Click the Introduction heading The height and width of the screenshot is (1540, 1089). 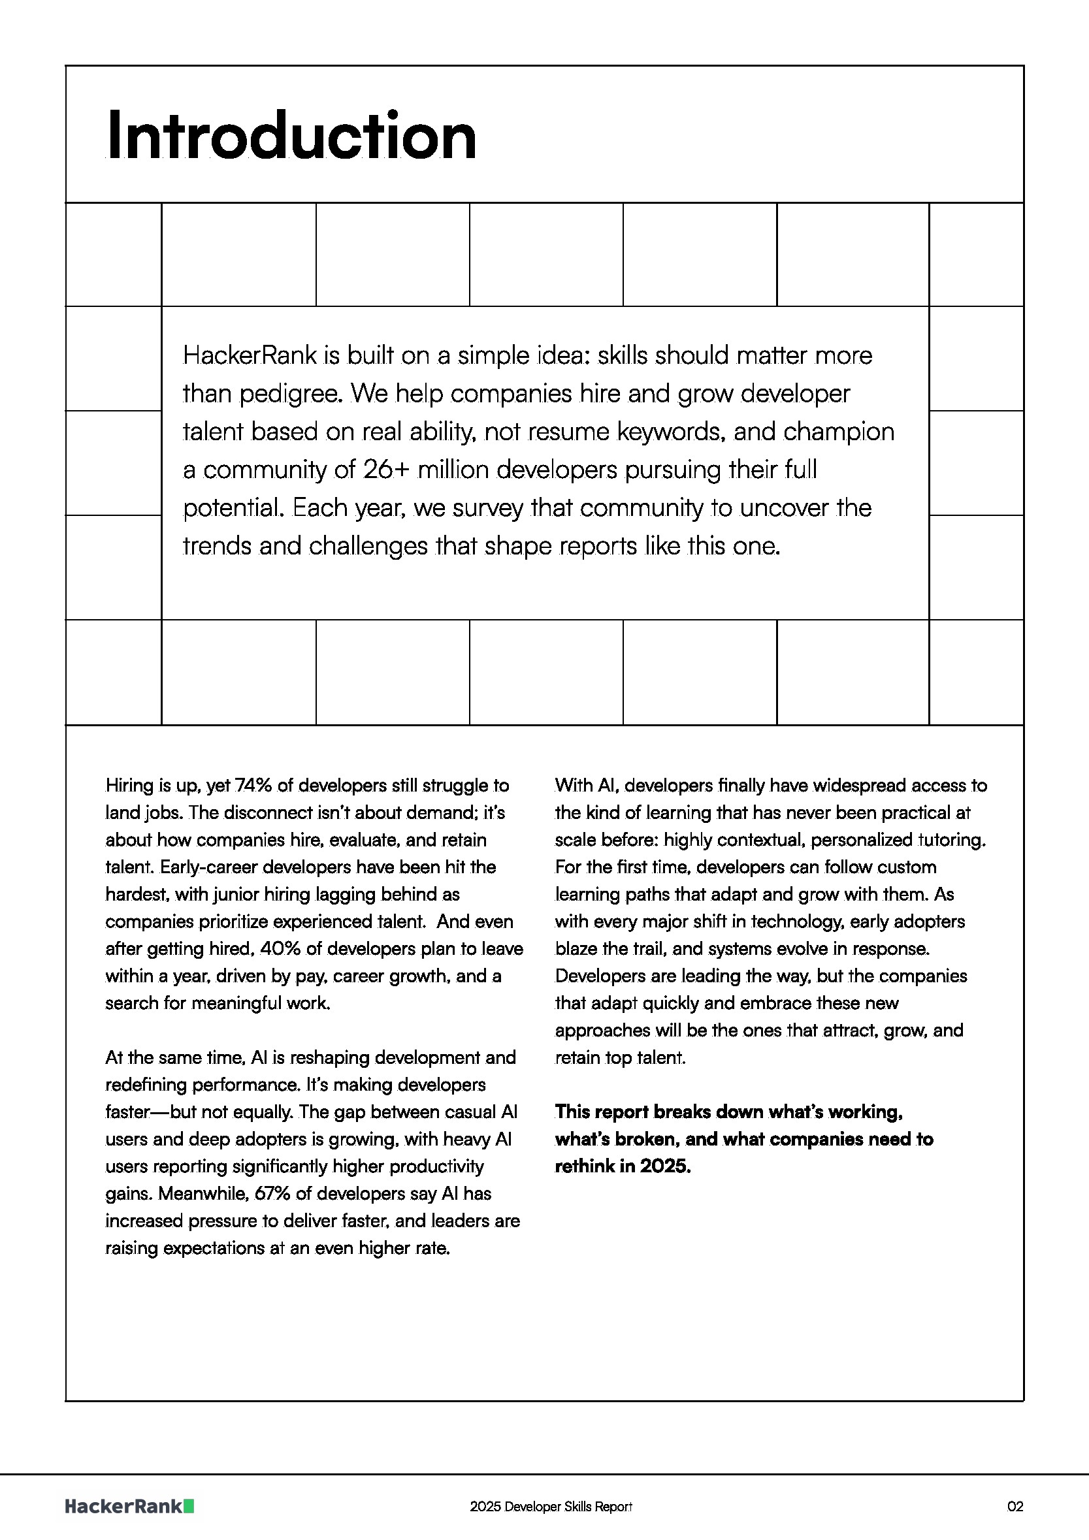click(x=291, y=136)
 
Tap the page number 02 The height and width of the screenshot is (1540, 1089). click(x=1015, y=1507)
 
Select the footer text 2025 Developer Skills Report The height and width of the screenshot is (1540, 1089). click(x=551, y=1507)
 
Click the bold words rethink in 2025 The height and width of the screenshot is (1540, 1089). click(x=622, y=1166)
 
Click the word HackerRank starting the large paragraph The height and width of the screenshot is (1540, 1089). click(x=249, y=355)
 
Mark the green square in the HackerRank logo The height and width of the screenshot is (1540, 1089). click(x=189, y=1507)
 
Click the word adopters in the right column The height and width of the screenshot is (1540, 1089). click(x=932, y=922)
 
